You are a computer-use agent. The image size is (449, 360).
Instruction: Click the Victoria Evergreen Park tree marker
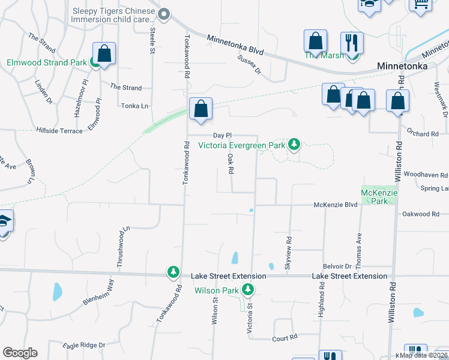point(294,144)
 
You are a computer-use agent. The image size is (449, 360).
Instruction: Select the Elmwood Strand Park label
point(46,62)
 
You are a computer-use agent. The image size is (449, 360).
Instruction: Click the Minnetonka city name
point(402,66)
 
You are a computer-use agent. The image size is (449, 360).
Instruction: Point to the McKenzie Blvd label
point(336,205)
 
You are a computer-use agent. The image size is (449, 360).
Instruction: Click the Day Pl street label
point(222,136)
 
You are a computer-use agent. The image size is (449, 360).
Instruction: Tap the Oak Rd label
point(231,164)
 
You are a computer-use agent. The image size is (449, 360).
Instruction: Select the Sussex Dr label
point(250,65)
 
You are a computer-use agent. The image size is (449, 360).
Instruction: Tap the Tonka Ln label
point(135,106)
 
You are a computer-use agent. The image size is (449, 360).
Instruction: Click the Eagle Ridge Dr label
point(84,345)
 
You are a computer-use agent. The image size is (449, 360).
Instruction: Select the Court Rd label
point(285,338)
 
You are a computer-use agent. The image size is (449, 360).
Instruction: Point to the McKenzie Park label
point(375,197)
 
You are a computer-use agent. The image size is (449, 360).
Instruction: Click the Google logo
point(20,353)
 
